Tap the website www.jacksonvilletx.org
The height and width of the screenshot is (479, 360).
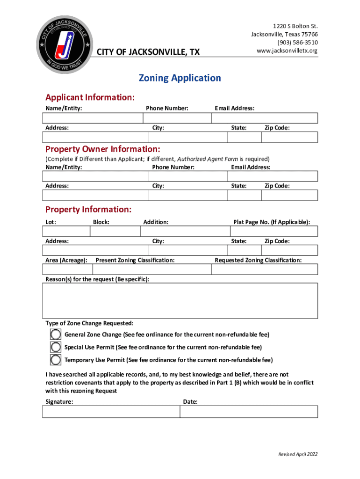(x=287, y=51)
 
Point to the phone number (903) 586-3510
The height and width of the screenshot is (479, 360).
(x=297, y=42)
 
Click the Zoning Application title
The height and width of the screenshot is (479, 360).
(x=180, y=78)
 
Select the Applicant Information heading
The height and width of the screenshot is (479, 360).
(x=90, y=97)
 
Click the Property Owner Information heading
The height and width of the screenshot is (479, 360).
(x=102, y=149)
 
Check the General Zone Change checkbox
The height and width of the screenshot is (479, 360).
(x=56, y=334)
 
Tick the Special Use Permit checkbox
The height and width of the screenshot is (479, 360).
(x=56, y=347)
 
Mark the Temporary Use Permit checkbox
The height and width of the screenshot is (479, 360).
(x=56, y=360)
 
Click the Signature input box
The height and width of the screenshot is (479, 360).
(x=111, y=412)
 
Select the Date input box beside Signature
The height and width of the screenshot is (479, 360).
(x=249, y=412)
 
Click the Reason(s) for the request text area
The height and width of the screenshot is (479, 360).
(x=180, y=301)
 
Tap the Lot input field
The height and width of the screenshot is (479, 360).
(x=66, y=232)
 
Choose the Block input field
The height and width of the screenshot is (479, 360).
(x=115, y=232)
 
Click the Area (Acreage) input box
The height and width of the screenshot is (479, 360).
(x=67, y=269)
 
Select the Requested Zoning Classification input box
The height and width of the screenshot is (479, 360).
(x=265, y=269)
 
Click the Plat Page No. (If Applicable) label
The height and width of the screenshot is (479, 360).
(x=271, y=222)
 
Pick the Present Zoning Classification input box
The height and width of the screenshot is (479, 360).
(x=152, y=269)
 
